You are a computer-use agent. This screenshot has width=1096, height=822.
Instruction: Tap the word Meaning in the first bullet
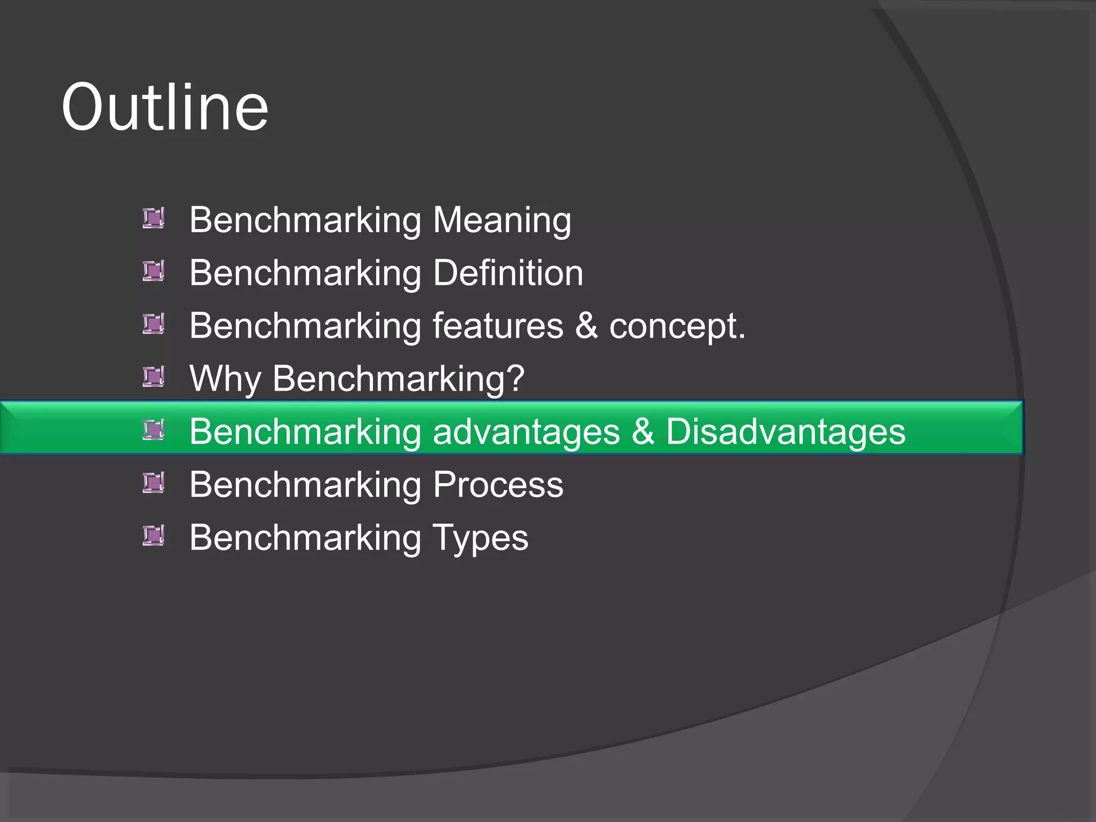[502, 220]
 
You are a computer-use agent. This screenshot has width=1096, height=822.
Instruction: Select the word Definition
[508, 273]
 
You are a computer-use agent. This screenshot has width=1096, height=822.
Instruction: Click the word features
[498, 326]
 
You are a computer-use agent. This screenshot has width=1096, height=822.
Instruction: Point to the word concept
[676, 326]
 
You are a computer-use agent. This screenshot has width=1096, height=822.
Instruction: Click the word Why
[225, 379]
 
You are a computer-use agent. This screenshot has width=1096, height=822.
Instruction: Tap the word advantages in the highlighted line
[526, 431]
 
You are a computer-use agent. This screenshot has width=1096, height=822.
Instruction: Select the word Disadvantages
[786, 431]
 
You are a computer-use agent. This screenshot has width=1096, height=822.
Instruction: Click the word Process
[498, 485]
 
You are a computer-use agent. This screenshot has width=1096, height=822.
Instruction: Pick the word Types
[480, 538]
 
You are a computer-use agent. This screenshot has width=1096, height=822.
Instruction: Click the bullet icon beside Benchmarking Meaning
[154, 218]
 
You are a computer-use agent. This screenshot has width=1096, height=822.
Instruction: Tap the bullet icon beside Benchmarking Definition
[154, 271]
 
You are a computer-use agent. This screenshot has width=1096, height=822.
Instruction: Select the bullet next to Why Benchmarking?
[154, 377]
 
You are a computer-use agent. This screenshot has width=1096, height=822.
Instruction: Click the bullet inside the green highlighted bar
[154, 430]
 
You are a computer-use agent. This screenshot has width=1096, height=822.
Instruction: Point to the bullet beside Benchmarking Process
[154, 483]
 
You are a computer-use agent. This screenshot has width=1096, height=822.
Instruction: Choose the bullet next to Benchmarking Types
[154, 536]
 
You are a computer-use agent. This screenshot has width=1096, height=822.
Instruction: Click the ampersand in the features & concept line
[587, 326]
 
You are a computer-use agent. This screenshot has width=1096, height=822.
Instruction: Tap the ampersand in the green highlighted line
[643, 431]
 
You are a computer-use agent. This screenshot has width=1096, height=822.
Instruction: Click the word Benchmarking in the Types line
[305, 538]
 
